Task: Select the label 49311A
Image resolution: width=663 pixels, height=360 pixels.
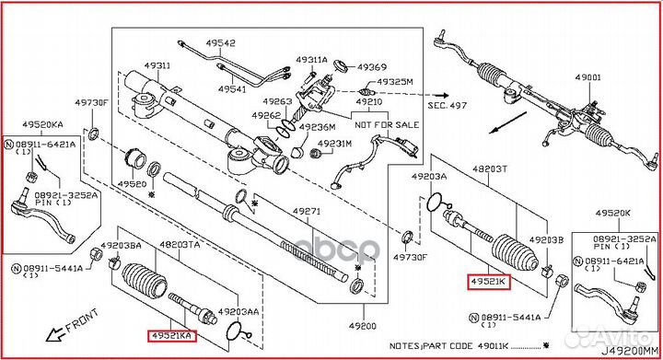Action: click(x=311, y=60)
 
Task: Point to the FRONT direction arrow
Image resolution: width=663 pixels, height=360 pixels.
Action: click(x=72, y=323)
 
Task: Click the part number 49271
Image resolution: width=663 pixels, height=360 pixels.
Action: click(x=308, y=212)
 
